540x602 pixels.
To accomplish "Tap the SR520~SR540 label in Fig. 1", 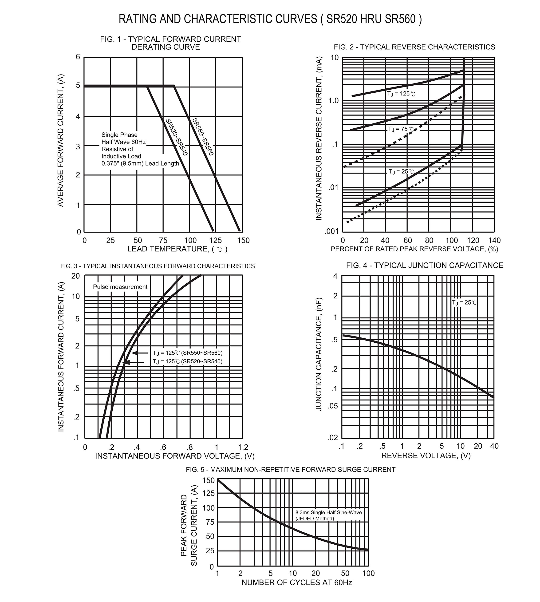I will pyautogui.click(x=177, y=137).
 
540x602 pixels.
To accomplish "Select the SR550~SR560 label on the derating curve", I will pyautogui.click(x=203, y=137).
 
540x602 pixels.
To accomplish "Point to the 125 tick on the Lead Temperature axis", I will pyautogui.click(x=216, y=240).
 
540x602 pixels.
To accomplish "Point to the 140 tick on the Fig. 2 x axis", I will pyautogui.click(x=494, y=240).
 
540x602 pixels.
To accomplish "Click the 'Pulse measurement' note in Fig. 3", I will pyautogui.click(x=120, y=287).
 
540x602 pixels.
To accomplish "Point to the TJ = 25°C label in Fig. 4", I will pyautogui.click(x=464, y=302).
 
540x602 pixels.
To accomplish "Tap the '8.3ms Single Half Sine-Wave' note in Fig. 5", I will pyautogui.click(x=328, y=513).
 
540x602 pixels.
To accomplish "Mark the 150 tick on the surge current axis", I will pyautogui.click(x=208, y=480).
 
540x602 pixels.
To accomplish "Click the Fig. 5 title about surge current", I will pyautogui.click(x=291, y=470).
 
